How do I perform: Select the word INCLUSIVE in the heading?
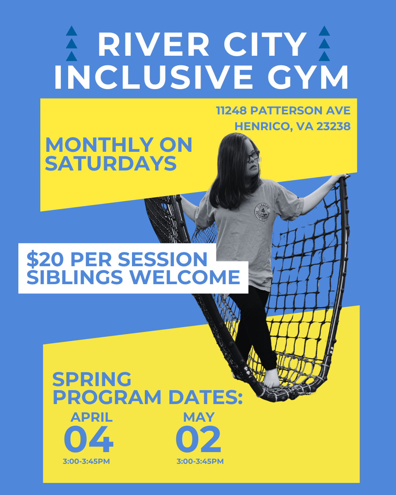(153, 77)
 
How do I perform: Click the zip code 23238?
(333, 126)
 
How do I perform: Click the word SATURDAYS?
(111, 164)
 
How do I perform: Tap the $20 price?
(45, 260)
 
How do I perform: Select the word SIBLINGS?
(74, 277)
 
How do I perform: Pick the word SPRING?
(92, 379)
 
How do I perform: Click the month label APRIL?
(91, 417)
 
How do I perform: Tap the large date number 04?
(88, 440)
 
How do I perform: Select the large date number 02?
(198, 440)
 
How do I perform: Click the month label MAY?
(199, 417)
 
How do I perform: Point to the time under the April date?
(87, 461)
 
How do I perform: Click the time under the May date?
(200, 461)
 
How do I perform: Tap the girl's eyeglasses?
(253, 156)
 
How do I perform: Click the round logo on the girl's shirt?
(262, 212)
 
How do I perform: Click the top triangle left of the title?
(71, 31)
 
